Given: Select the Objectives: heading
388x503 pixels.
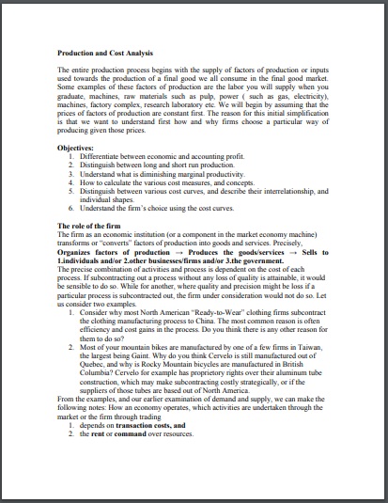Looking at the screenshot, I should [x=77, y=149].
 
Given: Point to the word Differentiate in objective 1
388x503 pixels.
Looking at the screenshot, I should [x=102, y=156].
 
